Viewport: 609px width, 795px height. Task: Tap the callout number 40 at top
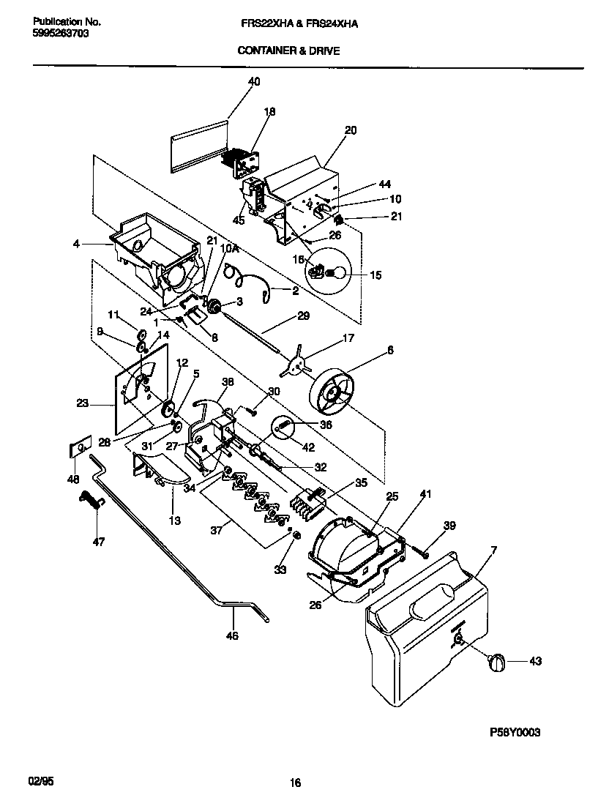click(x=254, y=82)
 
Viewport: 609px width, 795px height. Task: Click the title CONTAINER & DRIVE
click(x=288, y=51)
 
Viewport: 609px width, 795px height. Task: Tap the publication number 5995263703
click(x=61, y=34)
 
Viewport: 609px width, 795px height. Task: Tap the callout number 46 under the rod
click(x=232, y=636)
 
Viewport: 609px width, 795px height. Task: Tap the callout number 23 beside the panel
click(x=82, y=402)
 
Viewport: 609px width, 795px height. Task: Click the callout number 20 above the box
click(x=351, y=130)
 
